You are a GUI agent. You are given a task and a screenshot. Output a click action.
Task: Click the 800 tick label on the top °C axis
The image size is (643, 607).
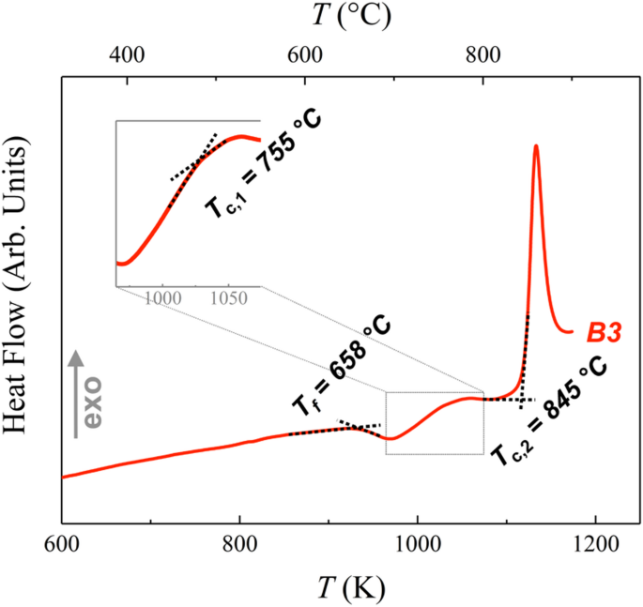482,55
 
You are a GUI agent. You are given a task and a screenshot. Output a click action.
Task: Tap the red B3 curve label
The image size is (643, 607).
605,331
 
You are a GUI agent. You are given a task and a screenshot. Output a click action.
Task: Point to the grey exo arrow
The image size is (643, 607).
78,394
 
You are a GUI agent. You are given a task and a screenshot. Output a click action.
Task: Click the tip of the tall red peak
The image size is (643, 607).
535,145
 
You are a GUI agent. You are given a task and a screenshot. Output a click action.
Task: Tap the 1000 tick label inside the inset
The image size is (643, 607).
162,299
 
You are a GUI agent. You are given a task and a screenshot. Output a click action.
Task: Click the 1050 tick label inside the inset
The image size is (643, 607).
226,299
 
